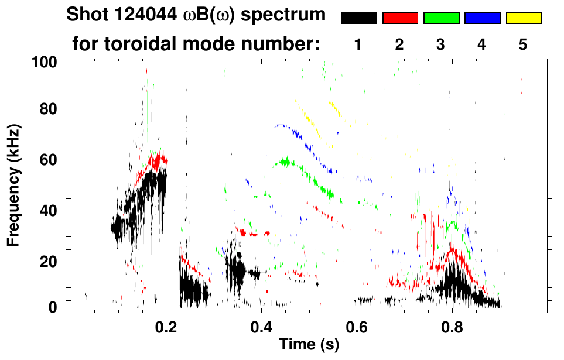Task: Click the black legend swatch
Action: coord(358,18)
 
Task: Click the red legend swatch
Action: coord(400,18)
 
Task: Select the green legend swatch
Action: coord(441,18)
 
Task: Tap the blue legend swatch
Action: coord(482,18)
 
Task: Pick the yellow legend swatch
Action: coord(524,18)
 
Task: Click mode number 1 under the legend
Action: coord(358,45)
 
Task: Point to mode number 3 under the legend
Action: coord(441,45)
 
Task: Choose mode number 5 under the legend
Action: coord(523,45)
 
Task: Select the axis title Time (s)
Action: coord(308,345)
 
